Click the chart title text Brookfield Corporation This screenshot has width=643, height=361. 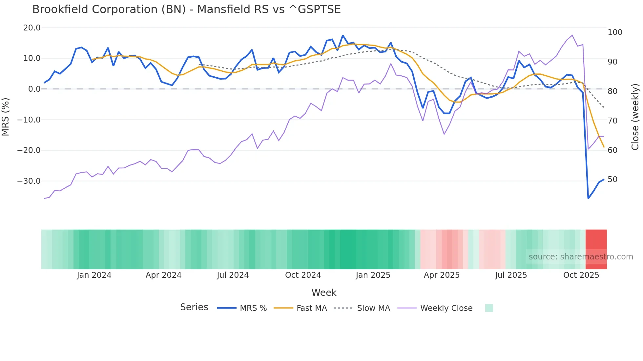click(x=186, y=9)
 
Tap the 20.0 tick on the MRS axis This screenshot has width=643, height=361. click(x=32, y=28)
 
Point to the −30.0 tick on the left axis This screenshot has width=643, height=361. click(x=29, y=181)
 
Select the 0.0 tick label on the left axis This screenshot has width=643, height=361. click(x=34, y=89)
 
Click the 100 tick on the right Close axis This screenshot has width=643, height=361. click(x=615, y=32)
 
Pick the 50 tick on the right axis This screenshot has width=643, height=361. click(x=612, y=180)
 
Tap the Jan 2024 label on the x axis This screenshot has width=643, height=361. click(x=94, y=275)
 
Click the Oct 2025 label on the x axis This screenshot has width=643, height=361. click(x=581, y=275)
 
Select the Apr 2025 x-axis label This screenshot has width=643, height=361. click(x=442, y=275)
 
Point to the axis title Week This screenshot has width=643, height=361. click(x=324, y=293)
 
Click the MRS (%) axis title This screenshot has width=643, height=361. click(x=6, y=117)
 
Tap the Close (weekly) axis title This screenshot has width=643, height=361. click(x=635, y=117)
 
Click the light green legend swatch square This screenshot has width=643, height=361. click(x=489, y=308)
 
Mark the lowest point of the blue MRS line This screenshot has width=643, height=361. click(x=588, y=198)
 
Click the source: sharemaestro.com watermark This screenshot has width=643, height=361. click(x=581, y=257)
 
